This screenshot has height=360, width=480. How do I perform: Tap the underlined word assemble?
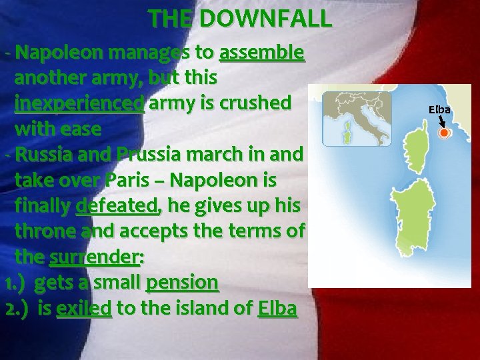pyautogui.click(x=262, y=53)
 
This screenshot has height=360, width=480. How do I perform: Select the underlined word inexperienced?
pyautogui.click(x=79, y=103)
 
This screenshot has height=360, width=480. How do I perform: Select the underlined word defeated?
pyautogui.click(x=118, y=206)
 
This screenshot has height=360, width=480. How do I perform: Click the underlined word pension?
pyautogui.click(x=182, y=283)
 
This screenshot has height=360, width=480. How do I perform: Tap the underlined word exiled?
pyautogui.click(x=84, y=309)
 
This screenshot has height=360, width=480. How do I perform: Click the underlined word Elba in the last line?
pyautogui.click(x=277, y=309)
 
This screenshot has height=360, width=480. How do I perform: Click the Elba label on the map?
pyautogui.click(x=439, y=109)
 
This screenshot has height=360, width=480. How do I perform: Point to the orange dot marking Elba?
pyautogui.click(x=443, y=133)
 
